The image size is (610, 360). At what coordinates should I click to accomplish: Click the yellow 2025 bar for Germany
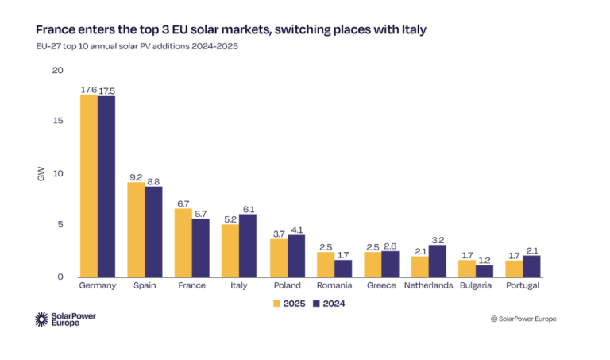click(x=89, y=186)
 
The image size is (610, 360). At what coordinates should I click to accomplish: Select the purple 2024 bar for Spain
click(x=153, y=231)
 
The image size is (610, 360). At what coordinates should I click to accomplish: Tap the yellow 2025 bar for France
click(x=183, y=242)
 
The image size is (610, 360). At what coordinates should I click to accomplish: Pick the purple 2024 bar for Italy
click(x=248, y=246)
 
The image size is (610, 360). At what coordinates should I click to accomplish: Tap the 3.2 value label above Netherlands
click(x=438, y=238)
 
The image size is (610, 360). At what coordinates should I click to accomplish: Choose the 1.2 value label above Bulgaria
click(x=485, y=259)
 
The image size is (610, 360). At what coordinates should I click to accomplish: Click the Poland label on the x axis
click(x=287, y=285)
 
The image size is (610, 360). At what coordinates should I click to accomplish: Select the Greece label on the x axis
click(x=381, y=285)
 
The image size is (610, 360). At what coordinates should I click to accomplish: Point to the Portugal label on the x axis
click(x=523, y=285)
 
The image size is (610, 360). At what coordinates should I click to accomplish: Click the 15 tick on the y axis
click(x=57, y=121)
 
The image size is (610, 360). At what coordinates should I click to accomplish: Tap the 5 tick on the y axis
click(x=60, y=225)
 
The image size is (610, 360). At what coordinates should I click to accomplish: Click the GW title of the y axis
click(x=41, y=174)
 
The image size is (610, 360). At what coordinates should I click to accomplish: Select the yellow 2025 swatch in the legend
click(x=277, y=303)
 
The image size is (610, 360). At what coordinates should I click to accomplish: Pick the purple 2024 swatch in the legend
click(x=316, y=303)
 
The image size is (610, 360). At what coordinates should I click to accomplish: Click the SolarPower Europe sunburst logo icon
click(x=43, y=319)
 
